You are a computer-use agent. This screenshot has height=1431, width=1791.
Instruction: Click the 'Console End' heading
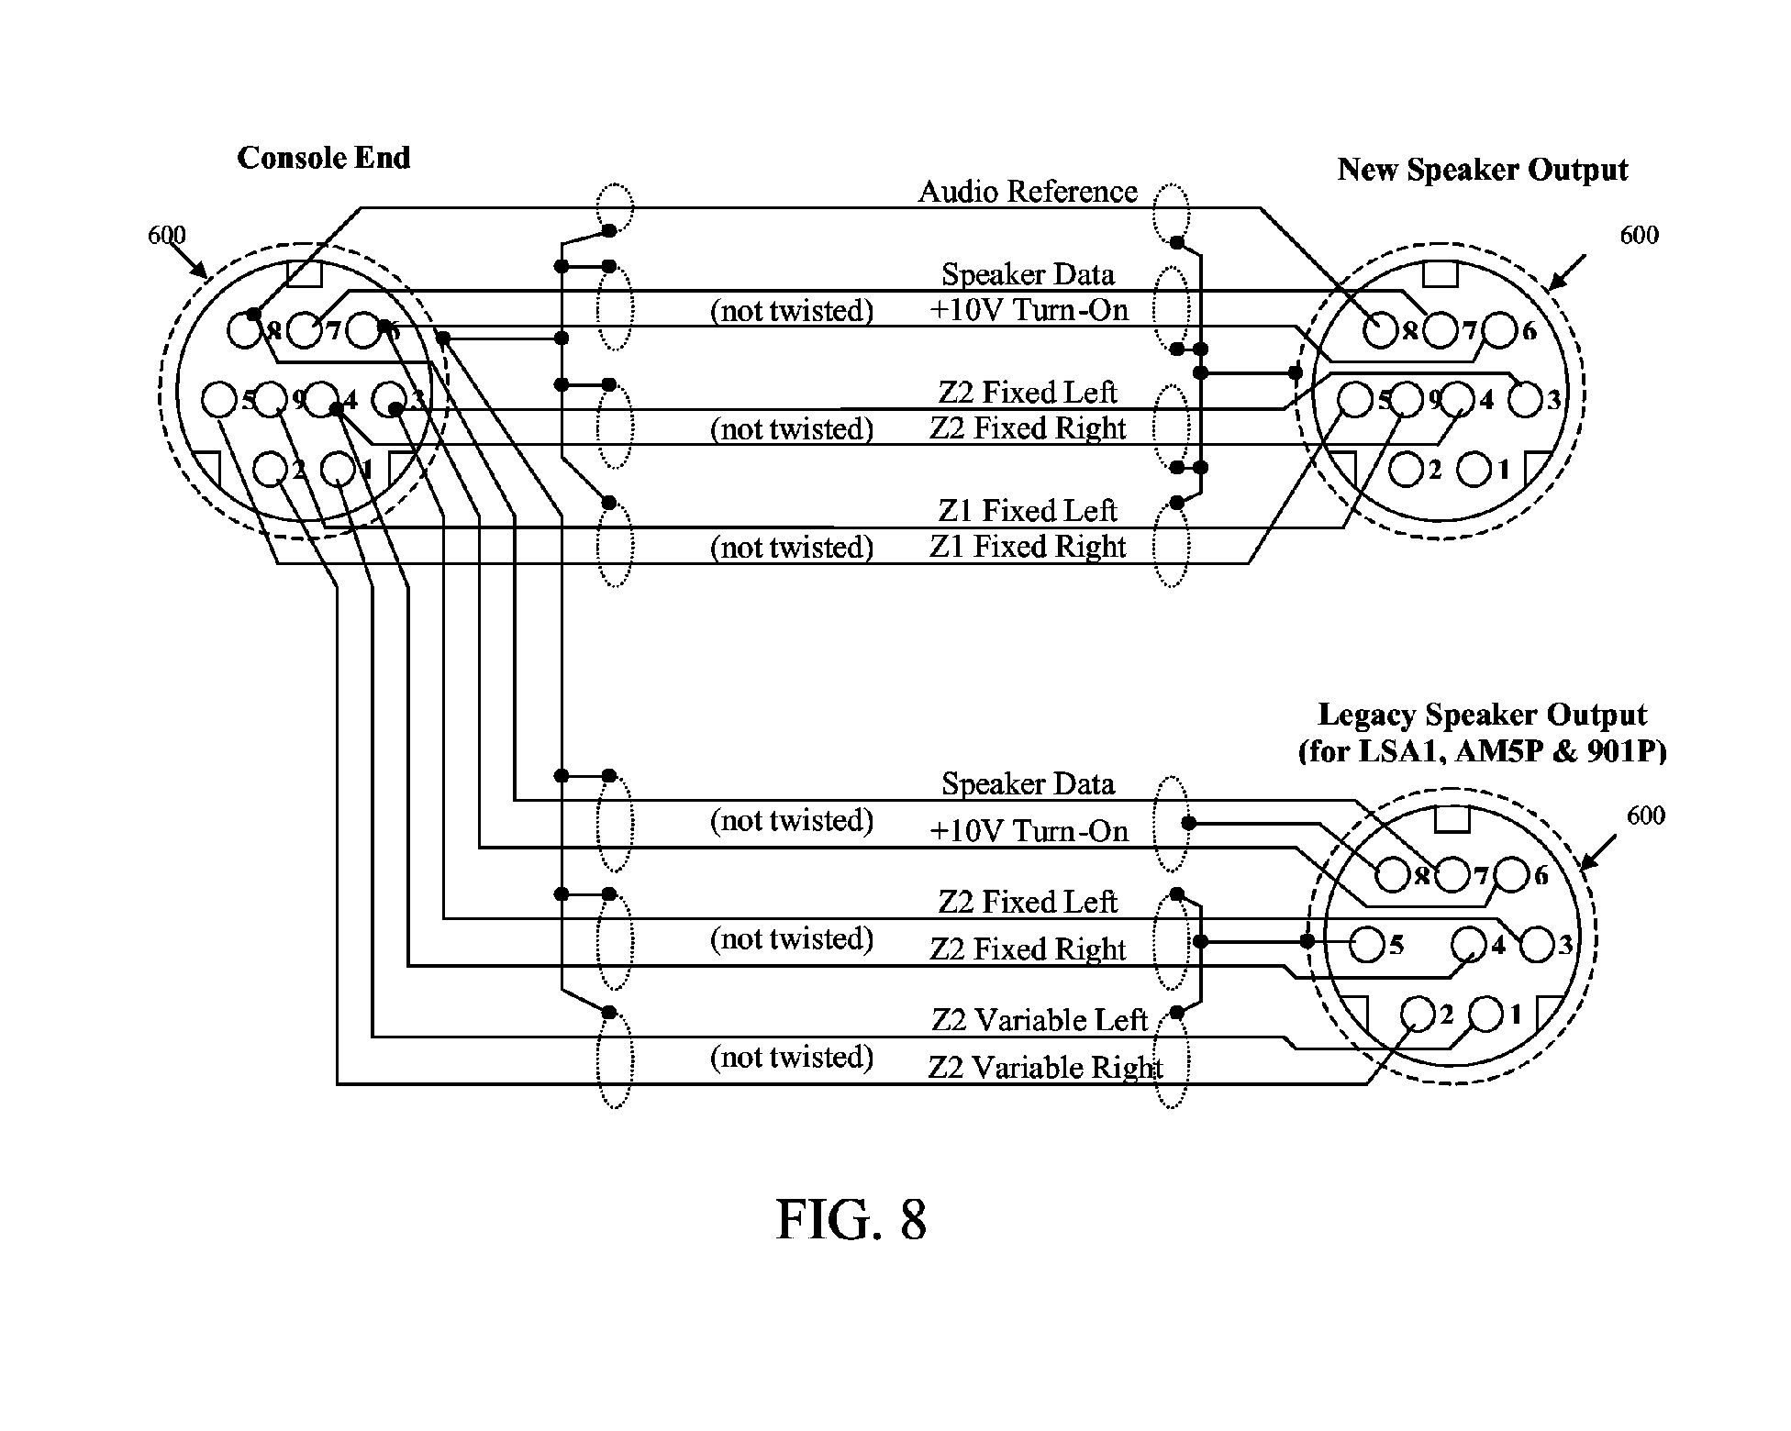(x=323, y=158)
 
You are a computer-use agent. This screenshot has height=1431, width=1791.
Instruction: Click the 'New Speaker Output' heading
(x=1482, y=170)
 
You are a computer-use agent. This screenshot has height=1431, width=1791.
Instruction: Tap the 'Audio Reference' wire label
(x=1028, y=192)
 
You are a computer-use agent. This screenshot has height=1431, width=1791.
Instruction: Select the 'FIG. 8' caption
(x=851, y=1221)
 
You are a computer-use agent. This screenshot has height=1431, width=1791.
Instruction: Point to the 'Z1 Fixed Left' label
(x=1027, y=511)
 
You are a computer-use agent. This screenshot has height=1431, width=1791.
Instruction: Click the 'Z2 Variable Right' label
(x=1045, y=1068)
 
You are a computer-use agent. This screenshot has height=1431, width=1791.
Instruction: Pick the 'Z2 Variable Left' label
(x=1040, y=1020)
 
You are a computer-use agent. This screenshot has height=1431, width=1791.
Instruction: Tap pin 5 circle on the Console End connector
(x=220, y=400)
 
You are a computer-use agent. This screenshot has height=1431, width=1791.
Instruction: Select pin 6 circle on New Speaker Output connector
(x=1500, y=330)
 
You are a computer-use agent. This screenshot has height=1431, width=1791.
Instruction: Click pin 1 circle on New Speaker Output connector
(x=1474, y=471)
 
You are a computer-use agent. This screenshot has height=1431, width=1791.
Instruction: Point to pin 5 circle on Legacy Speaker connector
(x=1367, y=945)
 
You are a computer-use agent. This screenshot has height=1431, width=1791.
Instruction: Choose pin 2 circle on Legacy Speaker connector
(x=1418, y=1015)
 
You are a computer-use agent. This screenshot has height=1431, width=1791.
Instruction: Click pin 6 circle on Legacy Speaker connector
(x=1512, y=876)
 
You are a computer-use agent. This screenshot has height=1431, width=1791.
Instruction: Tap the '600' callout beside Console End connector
(x=166, y=236)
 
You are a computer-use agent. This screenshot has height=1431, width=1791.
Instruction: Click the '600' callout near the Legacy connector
(x=1645, y=816)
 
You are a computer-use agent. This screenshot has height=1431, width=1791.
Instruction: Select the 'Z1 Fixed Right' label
(x=1027, y=547)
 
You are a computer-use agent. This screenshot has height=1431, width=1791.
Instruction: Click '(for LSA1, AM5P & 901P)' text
(x=1482, y=752)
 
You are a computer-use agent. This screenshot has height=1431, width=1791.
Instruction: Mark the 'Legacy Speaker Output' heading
(x=1482, y=715)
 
